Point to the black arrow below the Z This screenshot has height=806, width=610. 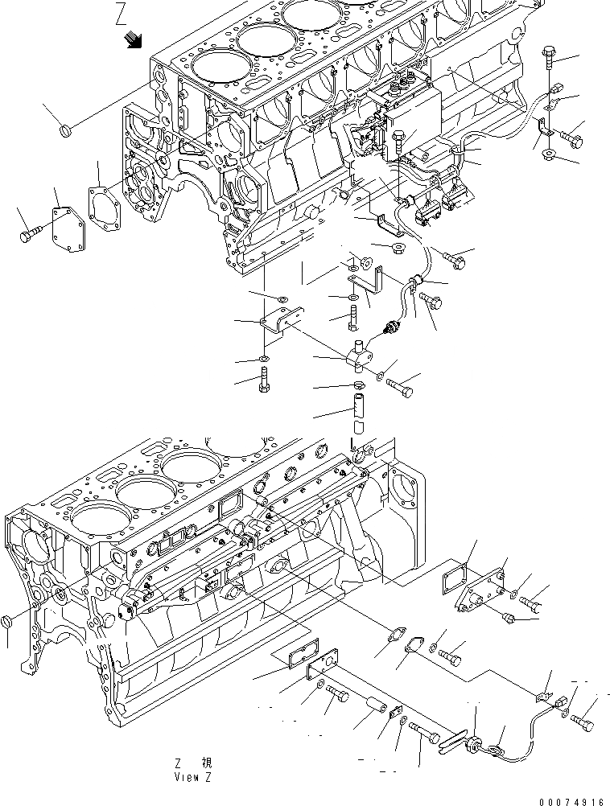[132, 41]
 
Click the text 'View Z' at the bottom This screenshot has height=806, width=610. [193, 778]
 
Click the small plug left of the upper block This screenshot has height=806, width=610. [68, 129]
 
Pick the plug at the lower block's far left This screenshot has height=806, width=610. [7, 623]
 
